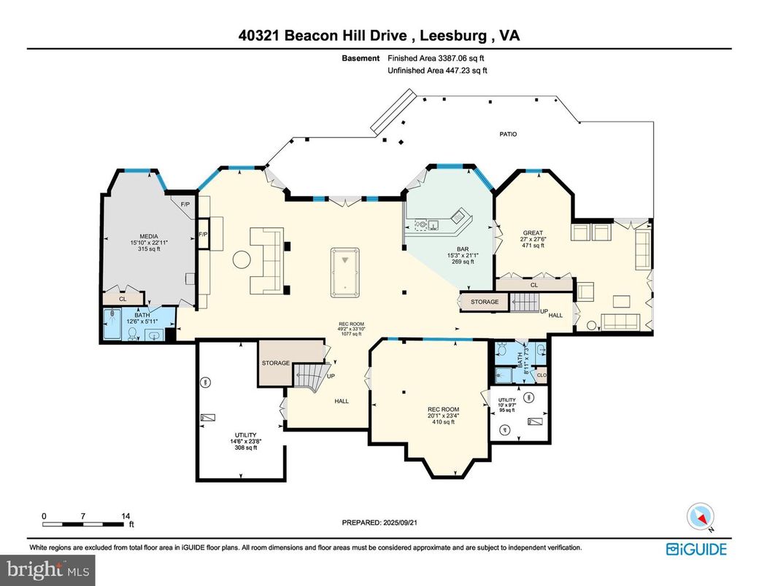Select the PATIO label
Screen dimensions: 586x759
508,134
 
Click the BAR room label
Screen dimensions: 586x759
462,249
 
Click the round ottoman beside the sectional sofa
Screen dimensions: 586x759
242,259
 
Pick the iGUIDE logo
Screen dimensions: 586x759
696,548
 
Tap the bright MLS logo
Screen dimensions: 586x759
47,567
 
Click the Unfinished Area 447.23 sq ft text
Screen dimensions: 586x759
437,71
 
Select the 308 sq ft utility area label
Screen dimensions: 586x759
239,448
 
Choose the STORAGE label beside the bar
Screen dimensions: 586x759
484,302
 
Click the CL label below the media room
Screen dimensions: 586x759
123,299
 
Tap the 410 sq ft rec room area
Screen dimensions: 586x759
444,421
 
